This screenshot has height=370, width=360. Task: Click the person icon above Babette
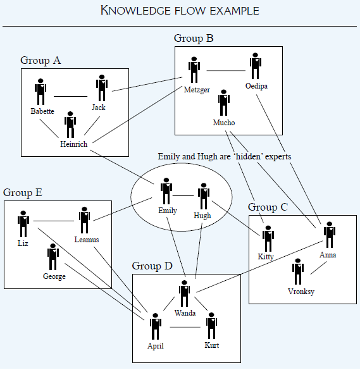[41, 92]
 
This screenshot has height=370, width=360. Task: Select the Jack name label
[98, 108]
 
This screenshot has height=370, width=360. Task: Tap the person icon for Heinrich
[71, 125]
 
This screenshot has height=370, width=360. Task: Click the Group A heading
[40, 61]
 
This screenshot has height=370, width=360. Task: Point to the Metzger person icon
[194, 70]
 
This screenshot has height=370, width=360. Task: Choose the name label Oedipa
[256, 86]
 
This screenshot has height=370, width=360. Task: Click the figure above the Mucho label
[223, 102]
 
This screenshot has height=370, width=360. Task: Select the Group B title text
[194, 39]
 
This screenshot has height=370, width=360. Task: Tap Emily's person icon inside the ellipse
[166, 190]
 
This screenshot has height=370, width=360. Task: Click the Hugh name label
[202, 216]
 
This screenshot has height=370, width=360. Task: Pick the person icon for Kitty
[268, 238]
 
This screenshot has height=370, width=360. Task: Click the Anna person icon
[329, 235]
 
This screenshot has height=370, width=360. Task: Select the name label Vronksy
[301, 292]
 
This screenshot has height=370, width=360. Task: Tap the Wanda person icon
[184, 294]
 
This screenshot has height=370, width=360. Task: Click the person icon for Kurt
[212, 325]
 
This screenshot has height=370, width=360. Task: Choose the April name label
[156, 346]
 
